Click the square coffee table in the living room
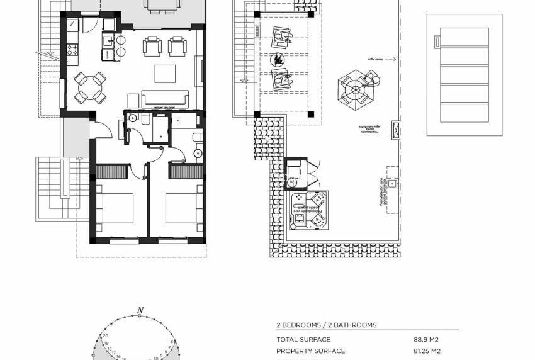coord(166,73)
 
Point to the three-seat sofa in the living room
coord(166,99)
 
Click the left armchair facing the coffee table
coord(152,46)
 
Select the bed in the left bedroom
coord(115,208)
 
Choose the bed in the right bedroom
coord(184,208)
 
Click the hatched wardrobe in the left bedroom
coord(113,172)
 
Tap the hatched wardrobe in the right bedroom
coord(186,172)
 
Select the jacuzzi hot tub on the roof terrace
coord(308,211)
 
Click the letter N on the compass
coord(142,310)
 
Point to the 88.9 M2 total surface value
coord(426,340)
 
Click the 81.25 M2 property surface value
coord(427,351)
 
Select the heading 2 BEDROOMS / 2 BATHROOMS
coord(327,325)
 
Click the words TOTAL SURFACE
coord(303,340)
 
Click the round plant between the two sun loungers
coord(276,60)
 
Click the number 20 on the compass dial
coord(106,336)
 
